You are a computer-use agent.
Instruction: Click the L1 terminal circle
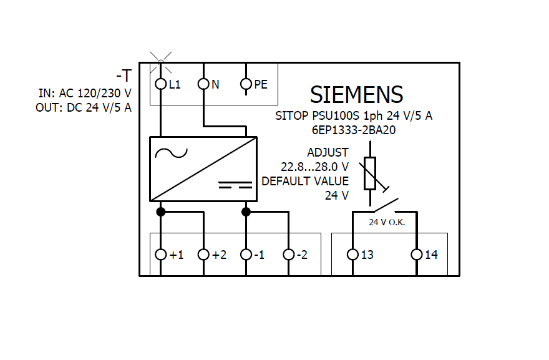(x=160, y=84)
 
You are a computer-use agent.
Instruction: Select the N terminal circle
(x=203, y=84)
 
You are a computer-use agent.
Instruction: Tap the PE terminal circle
(x=246, y=84)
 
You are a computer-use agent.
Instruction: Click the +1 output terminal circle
(x=160, y=255)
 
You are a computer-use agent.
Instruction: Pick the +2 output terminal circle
(x=203, y=255)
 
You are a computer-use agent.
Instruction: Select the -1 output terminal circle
(x=246, y=255)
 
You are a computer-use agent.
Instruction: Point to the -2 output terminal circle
(x=288, y=255)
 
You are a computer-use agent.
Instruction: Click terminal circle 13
(x=352, y=255)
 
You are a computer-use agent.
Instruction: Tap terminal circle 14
(x=417, y=255)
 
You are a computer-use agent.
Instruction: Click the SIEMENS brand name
(x=356, y=95)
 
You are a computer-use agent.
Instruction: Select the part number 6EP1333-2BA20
(x=354, y=130)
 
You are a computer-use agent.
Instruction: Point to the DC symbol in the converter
(x=235, y=185)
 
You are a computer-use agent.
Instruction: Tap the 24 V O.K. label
(x=387, y=222)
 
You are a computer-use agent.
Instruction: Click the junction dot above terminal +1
(x=160, y=212)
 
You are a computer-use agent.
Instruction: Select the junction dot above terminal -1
(x=246, y=212)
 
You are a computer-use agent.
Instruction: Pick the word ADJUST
(x=328, y=153)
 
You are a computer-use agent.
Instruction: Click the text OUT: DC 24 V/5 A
(x=84, y=107)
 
